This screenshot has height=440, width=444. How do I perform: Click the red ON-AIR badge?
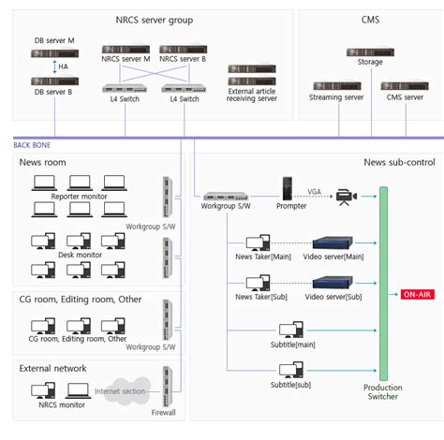[417, 294]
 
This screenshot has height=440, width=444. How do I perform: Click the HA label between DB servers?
[63, 68]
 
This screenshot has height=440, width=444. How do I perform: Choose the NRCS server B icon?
[182, 47]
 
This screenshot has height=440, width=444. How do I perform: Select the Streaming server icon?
[335, 85]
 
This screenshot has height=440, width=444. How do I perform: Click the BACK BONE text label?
[32, 145]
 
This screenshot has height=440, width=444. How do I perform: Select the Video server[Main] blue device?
[334, 242]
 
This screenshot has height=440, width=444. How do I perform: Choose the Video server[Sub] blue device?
[334, 282]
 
